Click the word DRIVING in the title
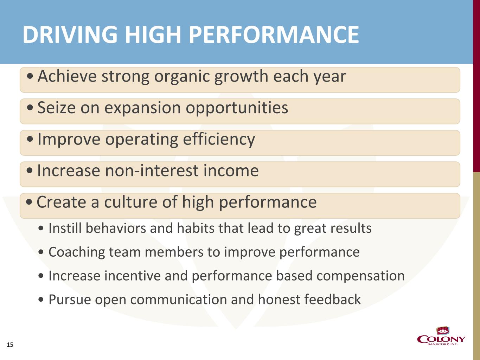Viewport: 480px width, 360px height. tap(70, 34)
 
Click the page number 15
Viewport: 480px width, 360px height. tap(10, 345)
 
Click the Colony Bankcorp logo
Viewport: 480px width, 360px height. tap(441, 336)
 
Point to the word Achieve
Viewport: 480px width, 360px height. tap(67, 76)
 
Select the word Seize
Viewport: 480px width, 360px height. tap(56, 108)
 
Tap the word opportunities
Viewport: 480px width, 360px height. tap(237, 108)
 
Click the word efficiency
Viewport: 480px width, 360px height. tap(219, 140)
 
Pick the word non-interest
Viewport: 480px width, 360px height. tap(152, 171)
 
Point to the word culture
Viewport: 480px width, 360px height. tap(130, 202)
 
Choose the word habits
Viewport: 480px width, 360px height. tap(196, 228)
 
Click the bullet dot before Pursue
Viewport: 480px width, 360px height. tap(41, 300)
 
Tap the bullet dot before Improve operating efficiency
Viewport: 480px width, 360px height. tap(30, 139)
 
